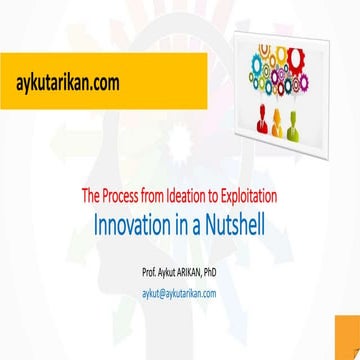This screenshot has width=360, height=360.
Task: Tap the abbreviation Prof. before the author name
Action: point(152,245)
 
